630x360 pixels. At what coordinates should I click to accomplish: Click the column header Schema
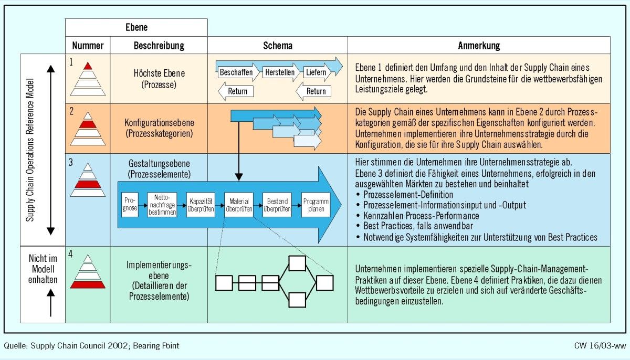pos(278,46)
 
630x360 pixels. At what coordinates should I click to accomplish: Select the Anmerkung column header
pos(479,46)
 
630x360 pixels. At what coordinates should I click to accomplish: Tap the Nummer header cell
pos(88,46)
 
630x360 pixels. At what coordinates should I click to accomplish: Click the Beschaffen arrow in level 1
pos(237,72)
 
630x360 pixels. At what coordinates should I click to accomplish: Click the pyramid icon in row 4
pos(88,274)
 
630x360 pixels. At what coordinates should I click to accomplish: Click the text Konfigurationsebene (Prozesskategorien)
pos(159,128)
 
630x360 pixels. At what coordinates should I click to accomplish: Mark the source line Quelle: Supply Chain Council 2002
pos(91,346)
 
